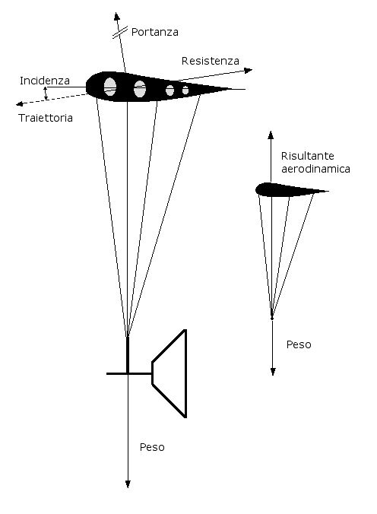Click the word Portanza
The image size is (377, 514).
[x=155, y=32]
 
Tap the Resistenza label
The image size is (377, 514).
[x=210, y=61]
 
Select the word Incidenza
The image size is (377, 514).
[x=45, y=81]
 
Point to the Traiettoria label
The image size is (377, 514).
[x=46, y=118]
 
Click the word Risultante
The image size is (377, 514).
[x=308, y=156]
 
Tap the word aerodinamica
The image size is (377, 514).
[x=316, y=169]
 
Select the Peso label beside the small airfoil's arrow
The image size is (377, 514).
[x=299, y=344]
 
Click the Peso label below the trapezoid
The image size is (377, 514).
[x=152, y=447]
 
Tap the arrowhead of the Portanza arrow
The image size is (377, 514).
[x=117, y=16]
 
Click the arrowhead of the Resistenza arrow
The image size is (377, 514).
[x=249, y=71]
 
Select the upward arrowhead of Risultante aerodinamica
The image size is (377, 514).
[x=271, y=135]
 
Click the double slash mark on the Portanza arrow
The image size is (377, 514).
[x=120, y=33]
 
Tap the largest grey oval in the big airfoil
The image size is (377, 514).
[x=110, y=87]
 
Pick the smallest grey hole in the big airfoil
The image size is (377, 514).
[x=185, y=90]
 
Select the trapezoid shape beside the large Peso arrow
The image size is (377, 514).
[x=169, y=373]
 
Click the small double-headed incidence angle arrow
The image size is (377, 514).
[x=46, y=93]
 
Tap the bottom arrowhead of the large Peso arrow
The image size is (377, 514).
[x=128, y=484]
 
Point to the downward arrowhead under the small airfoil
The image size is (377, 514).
[x=273, y=371]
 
